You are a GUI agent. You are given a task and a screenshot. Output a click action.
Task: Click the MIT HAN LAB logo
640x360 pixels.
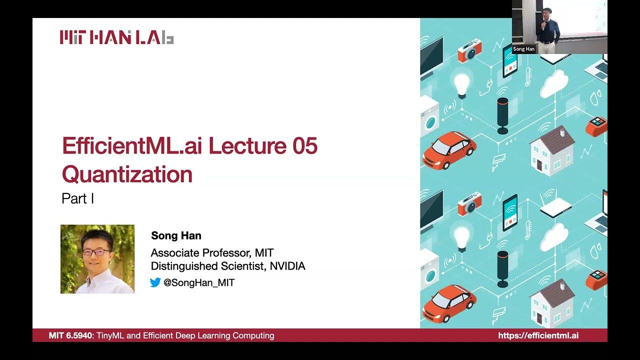pyautogui.click(x=116, y=37)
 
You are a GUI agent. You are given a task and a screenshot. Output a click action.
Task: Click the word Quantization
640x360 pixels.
pyautogui.click(x=127, y=174)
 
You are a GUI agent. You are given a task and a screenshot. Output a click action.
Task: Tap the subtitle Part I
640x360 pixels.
pyautogui.click(x=77, y=198)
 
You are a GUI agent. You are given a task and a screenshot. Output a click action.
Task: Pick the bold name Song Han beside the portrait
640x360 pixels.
pyautogui.click(x=176, y=235)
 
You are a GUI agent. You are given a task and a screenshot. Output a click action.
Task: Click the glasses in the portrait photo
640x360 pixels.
pyautogui.click(x=96, y=252)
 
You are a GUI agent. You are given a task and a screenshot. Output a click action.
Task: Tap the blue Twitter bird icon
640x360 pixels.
pyautogui.click(x=155, y=282)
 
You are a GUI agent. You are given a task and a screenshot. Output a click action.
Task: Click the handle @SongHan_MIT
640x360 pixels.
pyautogui.click(x=199, y=282)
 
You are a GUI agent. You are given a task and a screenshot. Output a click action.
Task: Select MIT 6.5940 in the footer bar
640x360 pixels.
pyautogui.click(x=70, y=335)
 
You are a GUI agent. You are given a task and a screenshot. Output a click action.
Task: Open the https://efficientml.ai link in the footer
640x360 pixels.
pyautogui.click(x=538, y=335)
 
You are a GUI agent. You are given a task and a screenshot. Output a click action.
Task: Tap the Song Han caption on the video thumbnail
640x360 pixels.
pyautogui.click(x=523, y=49)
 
